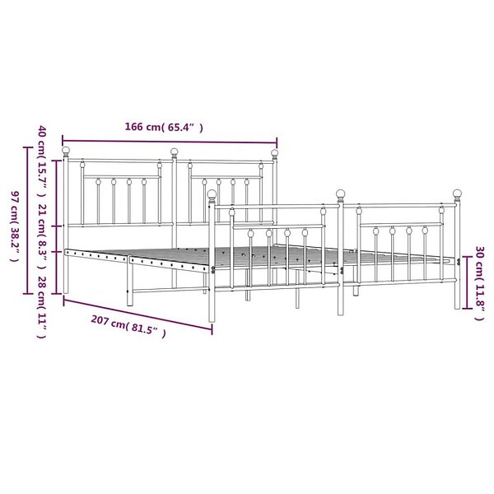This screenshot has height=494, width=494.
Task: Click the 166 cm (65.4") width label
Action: tap(164, 127)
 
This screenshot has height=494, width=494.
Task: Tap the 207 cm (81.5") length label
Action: tap(128, 326)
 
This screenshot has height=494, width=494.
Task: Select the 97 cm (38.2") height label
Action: tap(15, 226)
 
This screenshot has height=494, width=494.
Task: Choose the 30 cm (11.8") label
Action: tap(479, 283)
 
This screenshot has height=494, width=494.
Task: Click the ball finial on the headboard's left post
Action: tap(66, 150)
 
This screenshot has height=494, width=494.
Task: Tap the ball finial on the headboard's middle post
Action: tap(175, 151)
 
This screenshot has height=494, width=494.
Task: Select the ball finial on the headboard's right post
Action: tap(275, 153)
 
